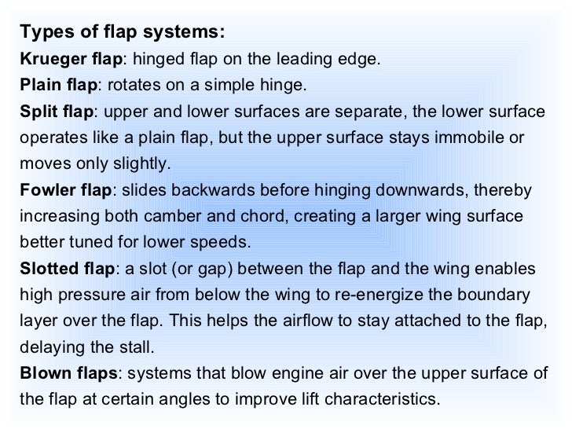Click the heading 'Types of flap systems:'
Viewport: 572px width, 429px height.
[x=123, y=32]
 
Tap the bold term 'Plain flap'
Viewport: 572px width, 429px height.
[x=60, y=86]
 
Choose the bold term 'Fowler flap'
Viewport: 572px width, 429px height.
[x=67, y=191]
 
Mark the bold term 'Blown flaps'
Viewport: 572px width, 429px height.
[x=68, y=374]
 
